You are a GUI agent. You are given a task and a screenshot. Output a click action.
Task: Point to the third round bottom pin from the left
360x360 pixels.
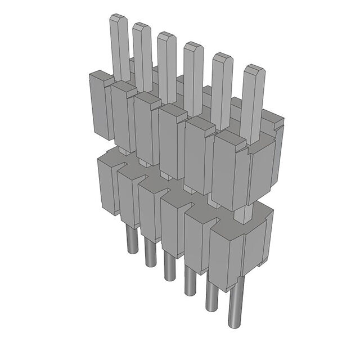coord(168,264)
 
